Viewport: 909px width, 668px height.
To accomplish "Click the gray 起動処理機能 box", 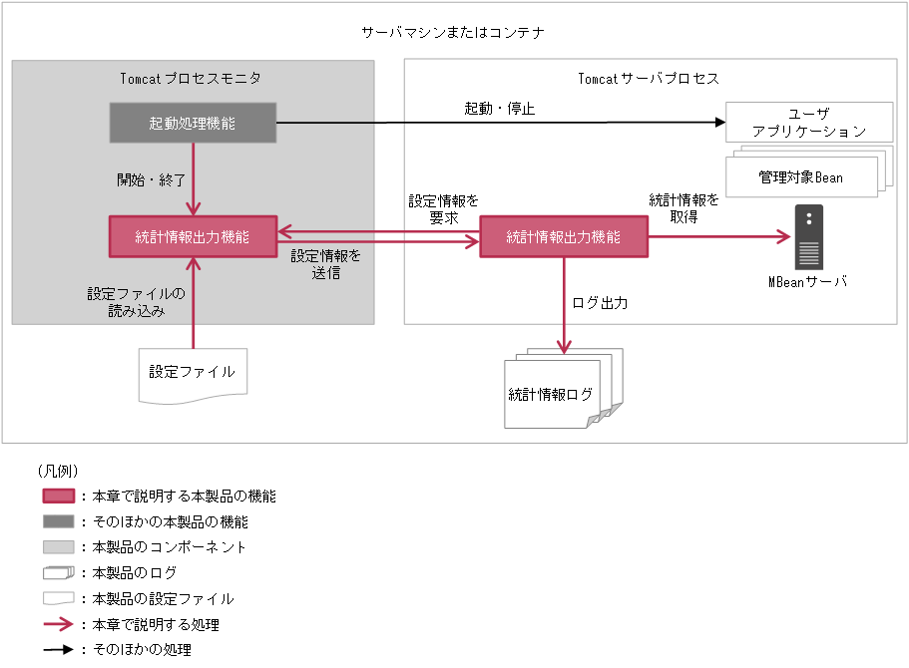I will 192,124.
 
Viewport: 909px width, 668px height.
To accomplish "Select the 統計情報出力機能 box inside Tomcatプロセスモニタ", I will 192,236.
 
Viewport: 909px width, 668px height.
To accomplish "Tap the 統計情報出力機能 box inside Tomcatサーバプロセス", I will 563,237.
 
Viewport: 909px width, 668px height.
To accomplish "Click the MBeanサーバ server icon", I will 808,237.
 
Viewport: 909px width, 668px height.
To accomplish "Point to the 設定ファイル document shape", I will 192,374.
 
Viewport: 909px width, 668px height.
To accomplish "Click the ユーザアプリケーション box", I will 808,122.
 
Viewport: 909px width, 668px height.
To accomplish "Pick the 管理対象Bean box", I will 800,176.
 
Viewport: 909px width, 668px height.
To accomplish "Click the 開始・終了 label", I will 152,180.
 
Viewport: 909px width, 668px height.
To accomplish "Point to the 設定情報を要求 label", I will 443,209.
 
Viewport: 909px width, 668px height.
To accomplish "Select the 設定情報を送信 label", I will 326,264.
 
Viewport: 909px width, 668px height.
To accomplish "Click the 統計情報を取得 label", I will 683,208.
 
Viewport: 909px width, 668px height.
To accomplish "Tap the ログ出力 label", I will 600,302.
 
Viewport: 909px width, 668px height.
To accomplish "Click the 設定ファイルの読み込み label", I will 137,302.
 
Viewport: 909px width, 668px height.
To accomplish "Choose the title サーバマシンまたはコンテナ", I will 453,32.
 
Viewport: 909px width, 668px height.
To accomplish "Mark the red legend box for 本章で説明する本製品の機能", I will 59,496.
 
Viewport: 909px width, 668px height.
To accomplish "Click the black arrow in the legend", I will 59,650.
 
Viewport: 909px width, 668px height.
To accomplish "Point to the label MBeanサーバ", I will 807,282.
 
